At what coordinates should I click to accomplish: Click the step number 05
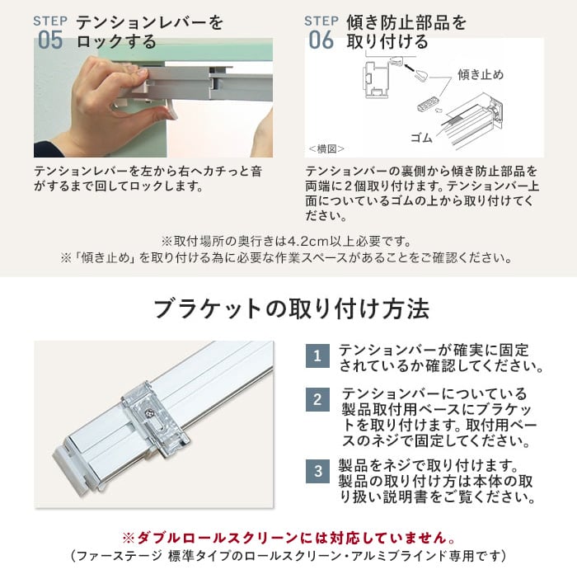[50, 40]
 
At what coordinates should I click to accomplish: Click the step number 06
[321, 40]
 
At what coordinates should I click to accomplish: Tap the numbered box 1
[317, 355]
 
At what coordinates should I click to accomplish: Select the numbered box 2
[317, 399]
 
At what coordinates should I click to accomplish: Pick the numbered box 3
[317, 471]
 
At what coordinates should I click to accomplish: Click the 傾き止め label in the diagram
[481, 74]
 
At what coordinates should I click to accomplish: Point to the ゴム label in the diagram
[421, 138]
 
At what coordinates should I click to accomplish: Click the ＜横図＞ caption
[326, 148]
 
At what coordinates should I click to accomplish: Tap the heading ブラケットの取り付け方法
[292, 308]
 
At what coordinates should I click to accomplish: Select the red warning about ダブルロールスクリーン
[288, 538]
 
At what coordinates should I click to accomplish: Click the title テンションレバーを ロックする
[149, 32]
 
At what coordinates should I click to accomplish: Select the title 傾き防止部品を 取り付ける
[406, 32]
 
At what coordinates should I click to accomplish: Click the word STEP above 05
[50, 21]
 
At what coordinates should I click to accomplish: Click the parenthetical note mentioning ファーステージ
[288, 556]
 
